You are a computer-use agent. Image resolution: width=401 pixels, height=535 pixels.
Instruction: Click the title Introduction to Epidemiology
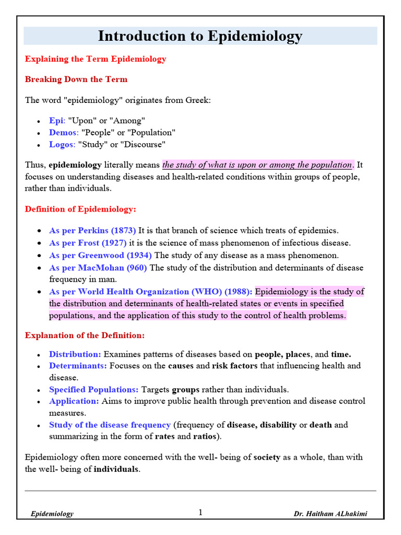pyautogui.click(x=200, y=36)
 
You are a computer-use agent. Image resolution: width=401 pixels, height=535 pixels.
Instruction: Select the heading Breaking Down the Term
pyautogui.click(x=76, y=79)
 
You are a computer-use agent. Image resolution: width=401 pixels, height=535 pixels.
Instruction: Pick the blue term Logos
pyautogui.click(x=62, y=144)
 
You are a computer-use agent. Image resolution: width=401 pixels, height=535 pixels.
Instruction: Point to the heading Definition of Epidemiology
pyautogui.click(x=80, y=209)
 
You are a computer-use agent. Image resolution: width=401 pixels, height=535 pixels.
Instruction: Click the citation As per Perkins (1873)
pyautogui.click(x=92, y=230)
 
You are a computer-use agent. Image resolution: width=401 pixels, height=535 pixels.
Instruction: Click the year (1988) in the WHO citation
pyautogui.click(x=239, y=292)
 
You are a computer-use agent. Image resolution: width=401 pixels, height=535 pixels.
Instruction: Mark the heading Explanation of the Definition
pyautogui.click(x=85, y=335)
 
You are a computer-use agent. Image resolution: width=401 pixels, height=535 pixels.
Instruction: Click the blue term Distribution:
pyautogui.click(x=75, y=354)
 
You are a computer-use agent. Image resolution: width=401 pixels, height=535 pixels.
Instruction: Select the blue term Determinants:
pyautogui.click(x=78, y=366)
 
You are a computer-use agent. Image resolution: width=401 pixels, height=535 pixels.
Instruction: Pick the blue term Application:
pyautogui.click(x=74, y=401)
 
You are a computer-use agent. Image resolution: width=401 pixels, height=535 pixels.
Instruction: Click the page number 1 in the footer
pyautogui.click(x=200, y=513)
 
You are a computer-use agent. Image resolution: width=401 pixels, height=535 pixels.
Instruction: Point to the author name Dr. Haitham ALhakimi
pyautogui.click(x=330, y=514)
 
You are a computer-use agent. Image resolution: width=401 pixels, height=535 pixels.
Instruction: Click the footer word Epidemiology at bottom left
pyautogui.click(x=52, y=514)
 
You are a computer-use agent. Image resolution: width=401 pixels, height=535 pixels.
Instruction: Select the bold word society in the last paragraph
pyautogui.click(x=267, y=457)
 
